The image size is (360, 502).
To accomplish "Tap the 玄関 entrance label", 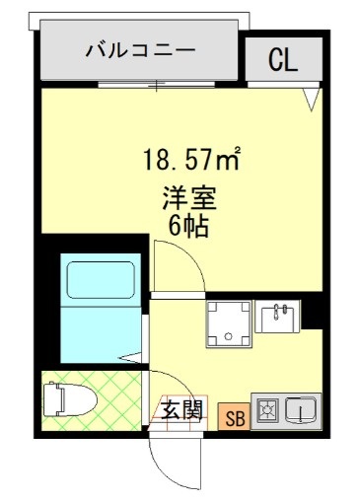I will [x=181, y=408].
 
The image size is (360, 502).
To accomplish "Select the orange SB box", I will [x=236, y=415].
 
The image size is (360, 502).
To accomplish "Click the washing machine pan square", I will [x=228, y=324].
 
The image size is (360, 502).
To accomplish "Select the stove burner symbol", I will [x=266, y=408].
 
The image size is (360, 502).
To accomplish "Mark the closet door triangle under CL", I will [x=311, y=100].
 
